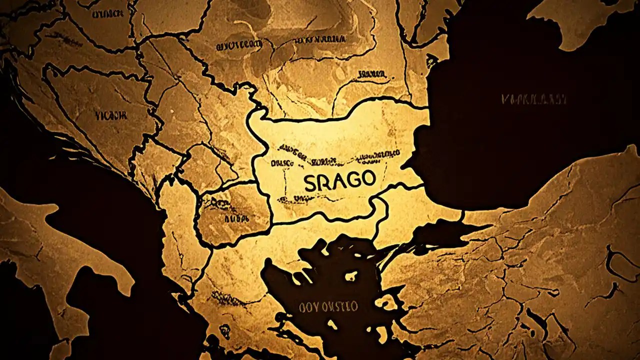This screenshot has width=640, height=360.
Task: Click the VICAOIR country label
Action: pos(110,115)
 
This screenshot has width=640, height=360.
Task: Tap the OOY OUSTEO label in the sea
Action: pos(328,306)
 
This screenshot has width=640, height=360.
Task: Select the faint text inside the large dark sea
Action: pos(534,99)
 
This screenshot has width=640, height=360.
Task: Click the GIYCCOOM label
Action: pos(238,46)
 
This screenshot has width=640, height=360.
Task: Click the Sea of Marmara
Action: pos(440,232)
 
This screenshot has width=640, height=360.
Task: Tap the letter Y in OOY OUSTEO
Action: pos(310,306)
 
